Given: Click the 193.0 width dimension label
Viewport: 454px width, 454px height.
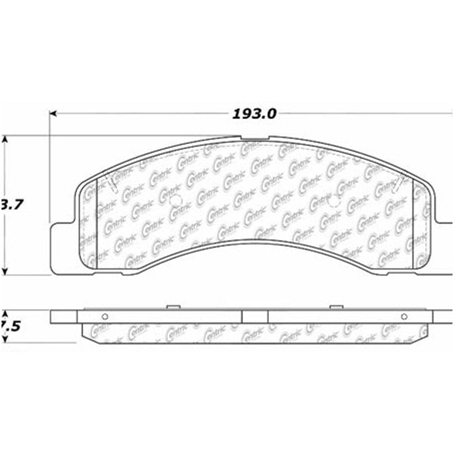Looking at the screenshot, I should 254,114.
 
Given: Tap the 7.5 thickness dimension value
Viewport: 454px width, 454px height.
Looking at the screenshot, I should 12,327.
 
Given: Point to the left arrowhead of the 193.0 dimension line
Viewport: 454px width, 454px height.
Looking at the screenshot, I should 53,113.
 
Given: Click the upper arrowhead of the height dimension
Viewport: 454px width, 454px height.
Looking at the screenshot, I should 4,139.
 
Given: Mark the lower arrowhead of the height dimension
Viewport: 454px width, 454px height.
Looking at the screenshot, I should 4,272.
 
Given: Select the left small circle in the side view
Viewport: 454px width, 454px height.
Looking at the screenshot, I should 105,316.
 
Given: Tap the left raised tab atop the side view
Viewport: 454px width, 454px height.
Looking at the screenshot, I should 172,307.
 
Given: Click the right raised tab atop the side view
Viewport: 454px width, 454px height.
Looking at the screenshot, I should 336,307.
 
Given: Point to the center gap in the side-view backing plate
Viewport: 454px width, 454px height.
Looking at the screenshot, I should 255,316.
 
